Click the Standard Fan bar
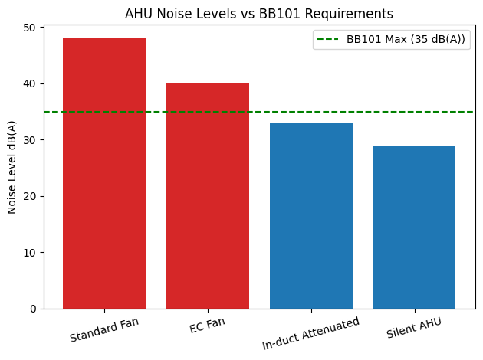click(104, 173)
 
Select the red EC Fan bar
click(208, 196)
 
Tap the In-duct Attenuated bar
click(311, 215)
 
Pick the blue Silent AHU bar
click(415, 227)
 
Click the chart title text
click(259, 13)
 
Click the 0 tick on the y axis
click(32, 309)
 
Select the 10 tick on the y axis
click(29, 253)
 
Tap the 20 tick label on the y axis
click(29, 196)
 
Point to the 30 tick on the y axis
click(29, 140)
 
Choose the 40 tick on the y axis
click(29, 83)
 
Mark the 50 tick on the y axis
click(29, 28)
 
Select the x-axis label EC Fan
click(208, 325)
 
